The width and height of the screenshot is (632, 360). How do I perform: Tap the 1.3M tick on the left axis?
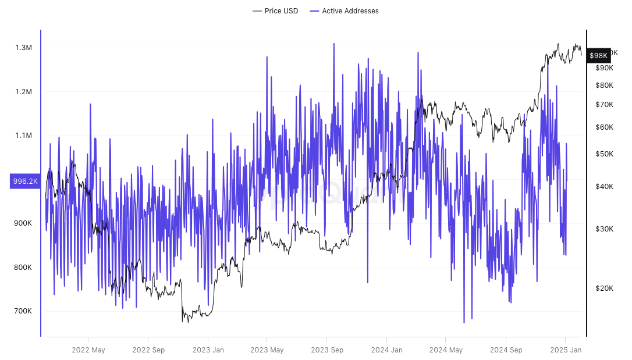[x=23, y=48]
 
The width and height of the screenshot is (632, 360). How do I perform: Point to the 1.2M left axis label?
[x=23, y=92]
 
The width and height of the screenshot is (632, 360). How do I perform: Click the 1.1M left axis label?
[x=23, y=136]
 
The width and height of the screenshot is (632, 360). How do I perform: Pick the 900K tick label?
[x=23, y=223]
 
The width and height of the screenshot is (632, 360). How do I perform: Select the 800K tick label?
[x=23, y=268]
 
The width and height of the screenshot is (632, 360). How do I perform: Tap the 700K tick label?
[x=23, y=311]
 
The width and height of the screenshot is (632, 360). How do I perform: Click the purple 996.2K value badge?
[x=25, y=181]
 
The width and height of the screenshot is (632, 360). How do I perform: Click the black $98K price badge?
[x=598, y=55]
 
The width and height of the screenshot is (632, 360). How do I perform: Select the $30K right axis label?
[x=604, y=229]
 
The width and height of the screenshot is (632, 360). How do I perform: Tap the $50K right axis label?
[x=604, y=154]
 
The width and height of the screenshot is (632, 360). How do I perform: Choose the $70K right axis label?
[x=604, y=105]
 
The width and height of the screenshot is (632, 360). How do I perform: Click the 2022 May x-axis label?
[x=88, y=350]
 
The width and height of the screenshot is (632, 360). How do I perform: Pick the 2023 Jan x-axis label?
[x=208, y=350]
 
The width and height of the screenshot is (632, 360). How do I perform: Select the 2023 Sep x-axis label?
[x=327, y=350]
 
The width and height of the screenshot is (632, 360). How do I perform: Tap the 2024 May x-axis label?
[x=446, y=350]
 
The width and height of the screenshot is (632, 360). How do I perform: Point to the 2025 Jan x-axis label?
[x=565, y=350]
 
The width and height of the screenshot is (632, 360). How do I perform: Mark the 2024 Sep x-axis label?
[x=506, y=350]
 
